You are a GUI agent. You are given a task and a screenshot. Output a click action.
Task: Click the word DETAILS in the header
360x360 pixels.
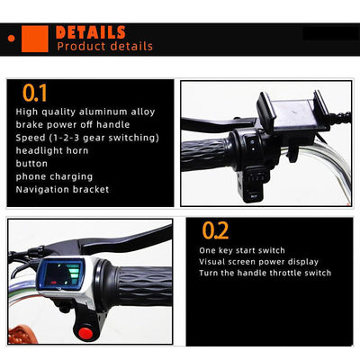pos(91,32)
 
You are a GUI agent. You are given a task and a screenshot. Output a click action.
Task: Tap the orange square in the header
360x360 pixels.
pos(35,39)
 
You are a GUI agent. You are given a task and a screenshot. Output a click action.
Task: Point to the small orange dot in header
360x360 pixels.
pos(12,39)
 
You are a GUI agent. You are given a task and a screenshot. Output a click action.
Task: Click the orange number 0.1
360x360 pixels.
pos(35,93)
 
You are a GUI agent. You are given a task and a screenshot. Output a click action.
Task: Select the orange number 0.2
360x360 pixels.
pos(215,230)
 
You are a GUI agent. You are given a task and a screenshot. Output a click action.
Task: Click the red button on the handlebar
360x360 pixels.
pos(85,333)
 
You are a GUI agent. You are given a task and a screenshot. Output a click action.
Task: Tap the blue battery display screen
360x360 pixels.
pos(60,274)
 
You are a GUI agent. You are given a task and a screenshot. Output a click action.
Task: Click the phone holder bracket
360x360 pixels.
pos(292,112)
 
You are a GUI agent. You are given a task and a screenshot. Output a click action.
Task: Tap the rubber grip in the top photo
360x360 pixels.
pos(205,154)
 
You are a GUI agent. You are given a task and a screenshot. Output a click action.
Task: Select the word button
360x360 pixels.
pos(31,164)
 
